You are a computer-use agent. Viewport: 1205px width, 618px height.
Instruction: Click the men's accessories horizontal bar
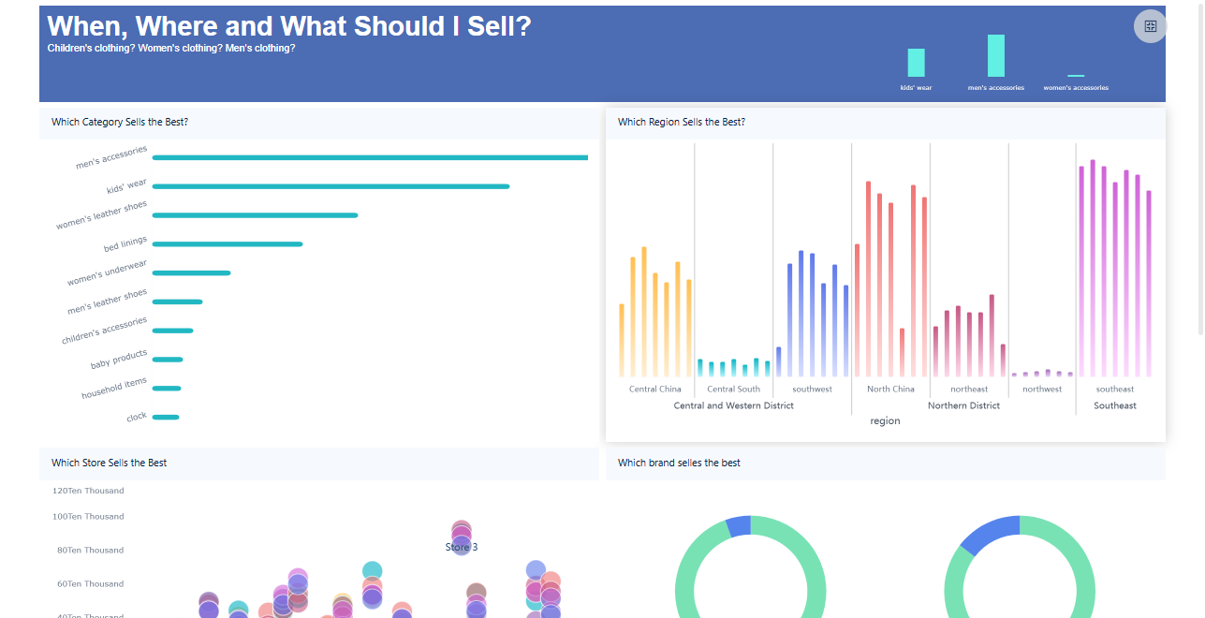[370, 157]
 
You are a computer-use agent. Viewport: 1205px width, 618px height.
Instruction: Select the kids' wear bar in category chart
[331, 186]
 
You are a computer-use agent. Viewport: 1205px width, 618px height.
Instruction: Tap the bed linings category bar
[228, 244]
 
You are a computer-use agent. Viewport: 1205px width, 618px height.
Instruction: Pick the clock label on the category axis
[137, 417]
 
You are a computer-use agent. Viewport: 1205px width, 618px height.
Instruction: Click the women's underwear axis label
[107, 273]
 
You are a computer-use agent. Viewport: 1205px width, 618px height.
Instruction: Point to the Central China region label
[655, 389]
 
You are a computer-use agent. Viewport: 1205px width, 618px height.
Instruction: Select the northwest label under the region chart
[1042, 389]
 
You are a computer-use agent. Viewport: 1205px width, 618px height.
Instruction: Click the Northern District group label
[963, 405]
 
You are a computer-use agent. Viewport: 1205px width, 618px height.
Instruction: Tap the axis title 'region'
[885, 421]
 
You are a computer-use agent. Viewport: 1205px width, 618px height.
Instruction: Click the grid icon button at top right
[1151, 26]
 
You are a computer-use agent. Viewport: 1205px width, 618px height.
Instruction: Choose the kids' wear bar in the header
[916, 63]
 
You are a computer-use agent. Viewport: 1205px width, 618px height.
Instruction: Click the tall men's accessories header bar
[995, 56]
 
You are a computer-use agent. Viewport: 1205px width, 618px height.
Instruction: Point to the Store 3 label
[462, 547]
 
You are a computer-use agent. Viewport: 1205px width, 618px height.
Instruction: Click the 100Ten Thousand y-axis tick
[89, 517]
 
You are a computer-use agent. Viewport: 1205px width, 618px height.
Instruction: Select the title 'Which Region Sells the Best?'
[682, 123]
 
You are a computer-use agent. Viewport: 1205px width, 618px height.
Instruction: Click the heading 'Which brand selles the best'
[679, 463]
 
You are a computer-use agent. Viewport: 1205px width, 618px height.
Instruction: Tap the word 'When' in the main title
[85, 26]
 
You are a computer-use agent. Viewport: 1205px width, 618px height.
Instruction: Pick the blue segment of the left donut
[738, 525]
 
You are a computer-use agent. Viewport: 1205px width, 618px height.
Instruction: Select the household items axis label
[114, 388]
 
